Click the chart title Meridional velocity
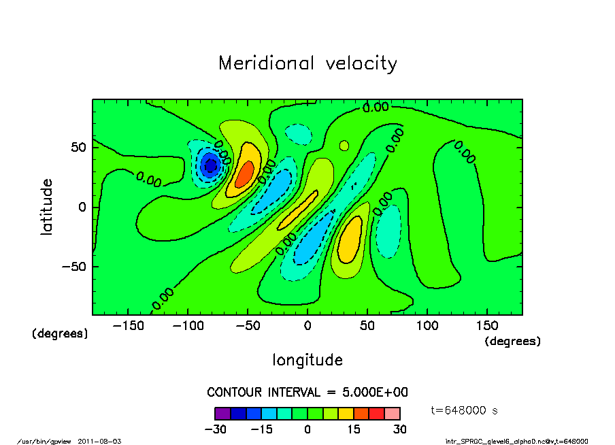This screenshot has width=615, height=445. pyautogui.click(x=307, y=64)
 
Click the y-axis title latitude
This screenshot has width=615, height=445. pyautogui.click(x=47, y=207)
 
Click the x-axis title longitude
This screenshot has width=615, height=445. pyautogui.click(x=307, y=360)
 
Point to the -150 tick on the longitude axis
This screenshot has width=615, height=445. pyautogui.click(x=128, y=326)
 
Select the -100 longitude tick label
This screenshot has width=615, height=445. pyautogui.click(x=188, y=326)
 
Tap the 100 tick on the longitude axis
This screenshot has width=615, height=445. pyautogui.click(x=427, y=326)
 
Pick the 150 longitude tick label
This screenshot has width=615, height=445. pyautogui.click(x=487, y=326)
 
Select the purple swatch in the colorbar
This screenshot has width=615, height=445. pyautogui.click(x=222, y=413)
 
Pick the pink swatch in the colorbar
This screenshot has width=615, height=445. pyautogui.click(x=392, y=413)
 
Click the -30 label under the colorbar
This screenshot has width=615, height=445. pyautogui.click(x=215, y=429)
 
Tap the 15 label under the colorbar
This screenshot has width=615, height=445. pyautogui.click(x=354, y=429)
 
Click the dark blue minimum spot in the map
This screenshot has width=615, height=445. pyautogui.click(x=210, y=165)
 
